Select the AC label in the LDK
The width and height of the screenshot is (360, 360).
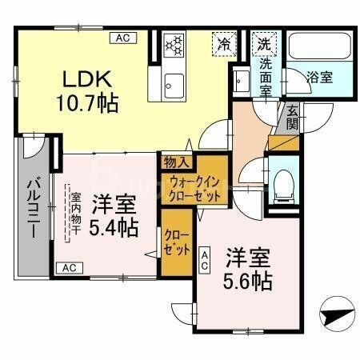point(124,38)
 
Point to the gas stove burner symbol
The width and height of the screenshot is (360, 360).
point(174,45)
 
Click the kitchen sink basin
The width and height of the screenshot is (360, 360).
point(174,82)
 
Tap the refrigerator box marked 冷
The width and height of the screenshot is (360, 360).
point(225,44)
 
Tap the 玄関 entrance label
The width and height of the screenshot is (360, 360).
point(293,118)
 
